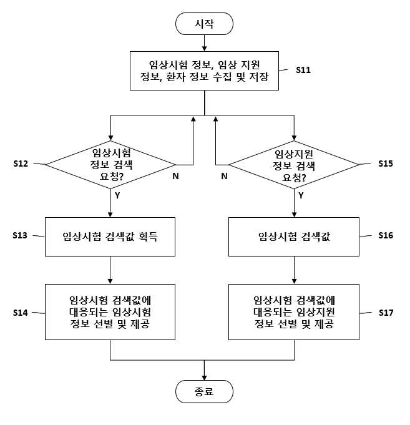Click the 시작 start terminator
(x=204, y=24)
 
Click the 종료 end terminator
(x=204, y=391)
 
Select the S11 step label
(x=303, y=70)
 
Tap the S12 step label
(x=21, y=164)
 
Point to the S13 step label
(x=20, y=235)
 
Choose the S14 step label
(x=21, y=313)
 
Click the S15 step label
(x=386, y=164)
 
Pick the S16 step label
(x=386, y=235)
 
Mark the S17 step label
(x=386, y=313)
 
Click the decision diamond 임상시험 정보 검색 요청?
(x=110, y=165)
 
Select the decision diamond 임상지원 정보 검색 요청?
(x=294, y=165)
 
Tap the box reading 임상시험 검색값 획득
(x=110, y=237)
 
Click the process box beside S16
(x=294, y=237)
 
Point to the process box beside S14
(x=110, y=312)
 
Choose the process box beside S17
(x=294, y=312)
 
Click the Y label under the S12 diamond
(x=117, y=195)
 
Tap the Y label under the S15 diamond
(x=301, y=195)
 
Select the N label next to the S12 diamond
(x=175, y=176)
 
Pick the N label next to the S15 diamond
(x=224, y=176)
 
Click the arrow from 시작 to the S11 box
(x=204, y=43)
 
